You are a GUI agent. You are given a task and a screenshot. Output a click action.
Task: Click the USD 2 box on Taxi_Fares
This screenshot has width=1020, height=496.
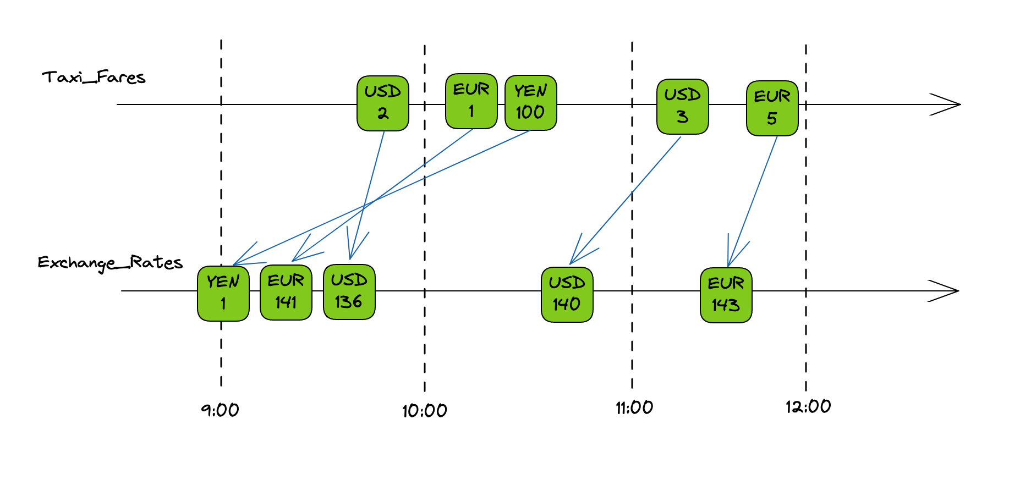(382, 103)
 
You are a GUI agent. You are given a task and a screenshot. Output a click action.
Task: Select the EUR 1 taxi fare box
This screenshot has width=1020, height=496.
(471, 101)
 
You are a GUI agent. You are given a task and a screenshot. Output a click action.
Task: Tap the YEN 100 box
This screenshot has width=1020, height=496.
(530, 103)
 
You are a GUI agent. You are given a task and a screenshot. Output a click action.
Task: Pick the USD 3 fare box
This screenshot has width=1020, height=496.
(682, 107)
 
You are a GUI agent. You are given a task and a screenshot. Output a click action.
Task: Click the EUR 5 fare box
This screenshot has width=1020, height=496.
(772, 108)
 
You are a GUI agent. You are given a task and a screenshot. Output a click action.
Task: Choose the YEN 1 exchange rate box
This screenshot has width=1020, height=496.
(223, 293)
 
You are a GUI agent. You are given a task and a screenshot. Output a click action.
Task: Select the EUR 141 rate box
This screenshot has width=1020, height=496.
(286, 292)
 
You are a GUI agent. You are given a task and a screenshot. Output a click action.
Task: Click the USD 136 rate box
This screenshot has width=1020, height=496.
(349, 291)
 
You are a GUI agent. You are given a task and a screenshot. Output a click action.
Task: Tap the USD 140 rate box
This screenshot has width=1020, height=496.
(567, 294)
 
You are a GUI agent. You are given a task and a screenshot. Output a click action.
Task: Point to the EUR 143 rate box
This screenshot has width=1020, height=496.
(726, 295)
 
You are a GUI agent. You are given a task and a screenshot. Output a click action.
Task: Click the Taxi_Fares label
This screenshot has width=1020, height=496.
(94, 78)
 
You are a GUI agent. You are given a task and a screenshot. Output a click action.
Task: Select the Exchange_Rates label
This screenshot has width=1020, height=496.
(110, 263)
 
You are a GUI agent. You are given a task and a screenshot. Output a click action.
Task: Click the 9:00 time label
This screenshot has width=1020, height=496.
(220, 410)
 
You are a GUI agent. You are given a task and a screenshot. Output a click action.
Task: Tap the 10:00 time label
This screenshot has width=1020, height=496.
(424, 411)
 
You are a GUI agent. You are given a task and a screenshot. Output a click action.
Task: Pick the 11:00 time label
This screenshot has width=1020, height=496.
(634, 408)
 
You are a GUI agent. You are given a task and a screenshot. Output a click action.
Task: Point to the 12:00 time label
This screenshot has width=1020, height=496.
(808, 407)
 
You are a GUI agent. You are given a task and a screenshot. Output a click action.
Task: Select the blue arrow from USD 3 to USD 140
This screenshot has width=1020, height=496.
(627, 198)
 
